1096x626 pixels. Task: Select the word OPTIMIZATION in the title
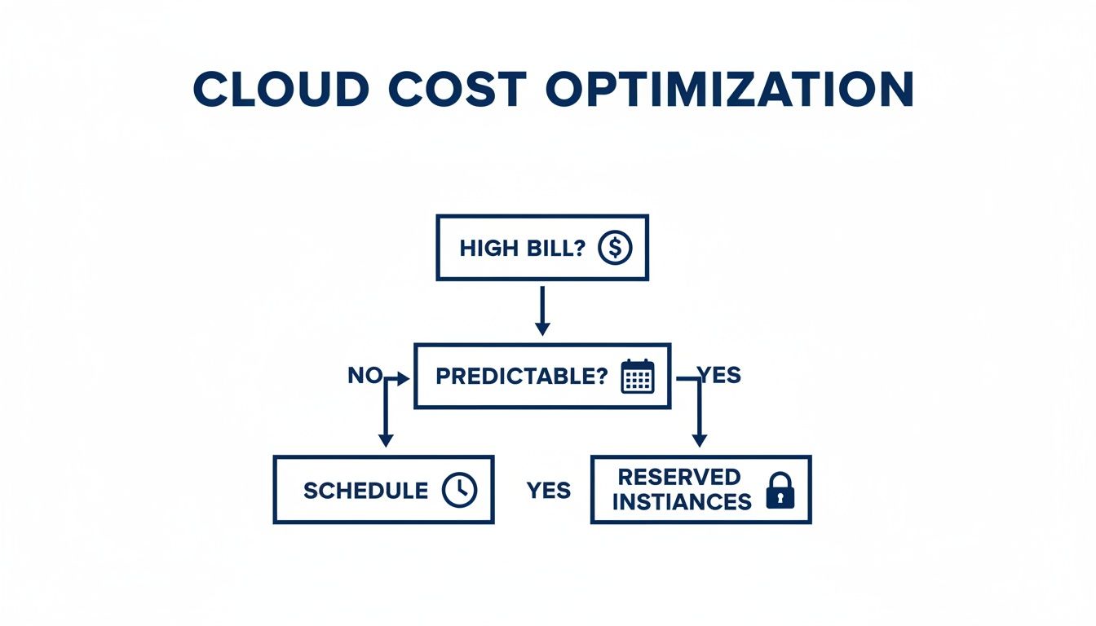730,90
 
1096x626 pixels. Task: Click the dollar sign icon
615,248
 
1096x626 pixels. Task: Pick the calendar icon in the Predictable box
638,377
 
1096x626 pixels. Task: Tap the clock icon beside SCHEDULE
459,490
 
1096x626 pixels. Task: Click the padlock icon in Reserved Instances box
780,491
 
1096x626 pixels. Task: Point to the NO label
365,376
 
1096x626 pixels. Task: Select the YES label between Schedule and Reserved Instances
549,491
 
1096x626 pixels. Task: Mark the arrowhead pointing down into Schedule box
386,440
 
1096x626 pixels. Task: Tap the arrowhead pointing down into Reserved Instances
699,440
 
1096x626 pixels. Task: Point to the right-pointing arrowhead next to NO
402,378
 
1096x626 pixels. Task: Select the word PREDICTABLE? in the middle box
522,377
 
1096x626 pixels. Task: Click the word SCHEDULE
365,491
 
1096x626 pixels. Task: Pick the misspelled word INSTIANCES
682,502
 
